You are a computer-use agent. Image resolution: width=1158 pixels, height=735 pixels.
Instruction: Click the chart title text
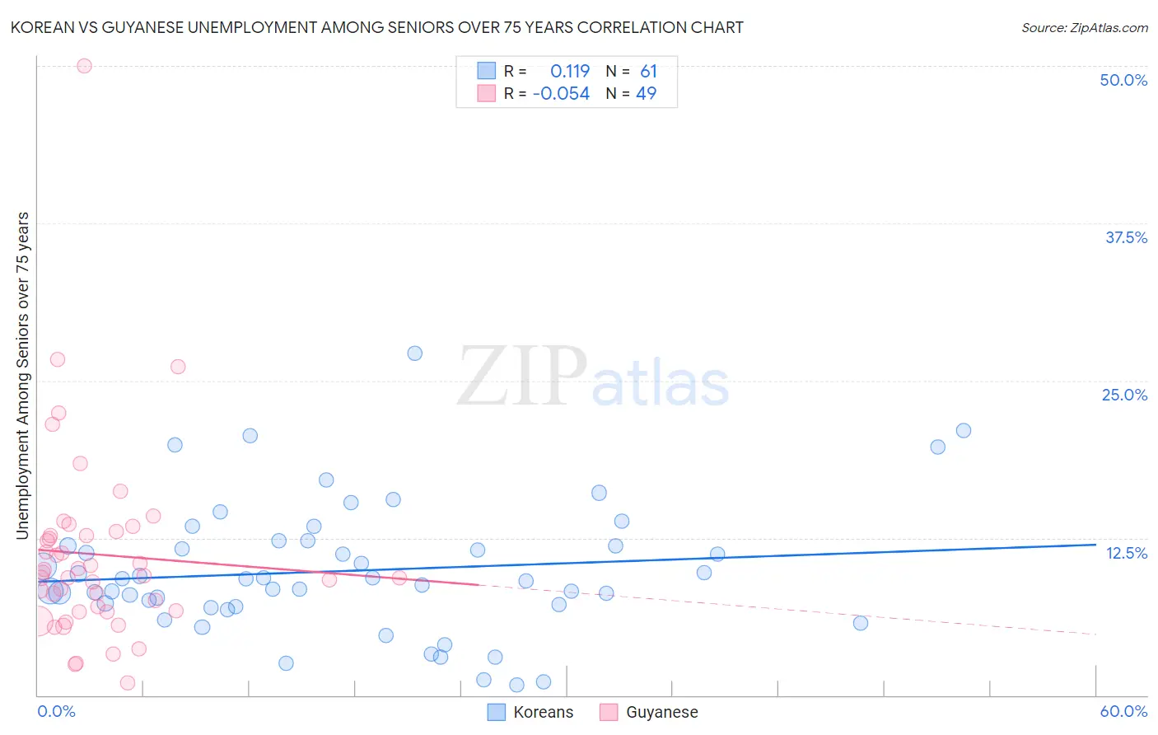(377, 27)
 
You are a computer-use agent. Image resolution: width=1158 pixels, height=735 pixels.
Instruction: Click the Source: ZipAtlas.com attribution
(1084, 27)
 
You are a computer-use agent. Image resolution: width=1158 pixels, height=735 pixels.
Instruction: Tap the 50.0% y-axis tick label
(1123, 80)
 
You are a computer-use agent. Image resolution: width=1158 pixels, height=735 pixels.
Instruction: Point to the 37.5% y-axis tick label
(1126, 237)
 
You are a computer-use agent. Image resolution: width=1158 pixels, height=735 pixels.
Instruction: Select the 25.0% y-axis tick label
(1124, 395)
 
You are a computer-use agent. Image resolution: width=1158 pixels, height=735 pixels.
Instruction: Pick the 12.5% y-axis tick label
(1126, 553)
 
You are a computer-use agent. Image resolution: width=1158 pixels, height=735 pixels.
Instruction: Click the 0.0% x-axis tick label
(56, 711)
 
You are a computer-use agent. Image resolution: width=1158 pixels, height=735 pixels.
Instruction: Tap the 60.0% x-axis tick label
(1123, 711)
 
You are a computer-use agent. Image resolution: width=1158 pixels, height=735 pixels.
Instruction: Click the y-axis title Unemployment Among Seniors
(23, 376)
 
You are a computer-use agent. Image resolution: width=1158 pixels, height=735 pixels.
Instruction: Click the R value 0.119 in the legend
(570, 72)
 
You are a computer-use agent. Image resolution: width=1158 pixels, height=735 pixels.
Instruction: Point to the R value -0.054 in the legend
(562, 94)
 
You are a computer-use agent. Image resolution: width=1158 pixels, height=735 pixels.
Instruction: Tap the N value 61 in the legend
(649, 72)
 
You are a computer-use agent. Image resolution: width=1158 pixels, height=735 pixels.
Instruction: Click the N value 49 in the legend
(647, 94)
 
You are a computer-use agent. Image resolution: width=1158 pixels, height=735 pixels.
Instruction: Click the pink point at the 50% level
(84, 66)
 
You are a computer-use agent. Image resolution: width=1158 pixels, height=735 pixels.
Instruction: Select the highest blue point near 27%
(415, 353)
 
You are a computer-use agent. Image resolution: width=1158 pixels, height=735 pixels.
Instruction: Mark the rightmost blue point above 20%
(964, 430)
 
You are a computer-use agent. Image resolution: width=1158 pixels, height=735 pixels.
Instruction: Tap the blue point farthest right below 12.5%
(861, 623)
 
